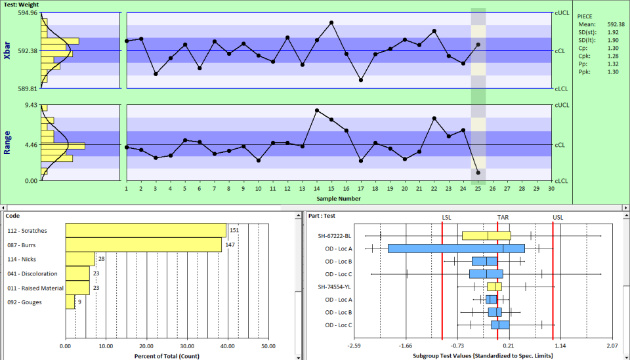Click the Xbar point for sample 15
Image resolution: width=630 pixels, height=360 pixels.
coord(331,22)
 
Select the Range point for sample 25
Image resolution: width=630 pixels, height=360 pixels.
coord(478,172)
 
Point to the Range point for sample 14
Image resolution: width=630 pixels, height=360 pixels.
coord(317,110)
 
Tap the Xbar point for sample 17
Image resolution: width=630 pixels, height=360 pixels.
coord(361,80)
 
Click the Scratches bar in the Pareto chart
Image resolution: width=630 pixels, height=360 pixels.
coord(146,230)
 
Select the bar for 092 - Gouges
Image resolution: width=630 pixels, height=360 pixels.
coord(70,302)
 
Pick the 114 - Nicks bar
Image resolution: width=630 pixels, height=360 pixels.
coord(80,259)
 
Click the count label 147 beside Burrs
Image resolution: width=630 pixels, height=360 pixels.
coord(230,245)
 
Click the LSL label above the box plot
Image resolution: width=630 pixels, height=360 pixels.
coord(446,217)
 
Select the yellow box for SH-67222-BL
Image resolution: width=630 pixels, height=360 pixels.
coord(486,235)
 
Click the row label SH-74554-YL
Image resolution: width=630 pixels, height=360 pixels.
coord(335,287)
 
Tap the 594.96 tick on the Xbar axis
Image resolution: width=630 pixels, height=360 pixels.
coord(28,13)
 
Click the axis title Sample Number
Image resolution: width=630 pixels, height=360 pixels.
coord(338,198)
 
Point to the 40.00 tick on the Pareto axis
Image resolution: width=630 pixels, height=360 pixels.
coord(228,346)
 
